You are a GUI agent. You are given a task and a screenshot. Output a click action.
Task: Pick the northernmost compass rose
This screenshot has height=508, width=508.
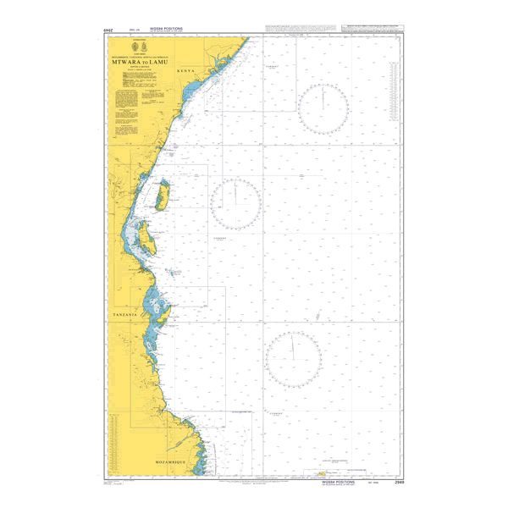323,109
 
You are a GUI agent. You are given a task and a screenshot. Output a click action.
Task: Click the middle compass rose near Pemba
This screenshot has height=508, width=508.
235,204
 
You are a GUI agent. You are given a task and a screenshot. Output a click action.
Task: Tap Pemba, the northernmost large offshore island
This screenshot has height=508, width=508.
161,196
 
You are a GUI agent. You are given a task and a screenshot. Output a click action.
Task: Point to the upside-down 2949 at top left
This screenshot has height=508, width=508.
108,31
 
